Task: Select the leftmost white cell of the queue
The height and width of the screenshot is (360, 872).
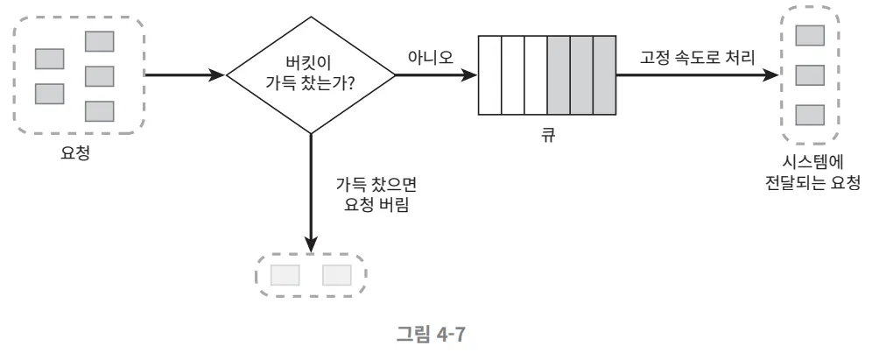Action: (490, 75)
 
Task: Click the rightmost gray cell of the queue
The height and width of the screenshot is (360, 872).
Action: (605, 75)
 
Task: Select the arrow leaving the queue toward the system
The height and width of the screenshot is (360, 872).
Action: (696, 75)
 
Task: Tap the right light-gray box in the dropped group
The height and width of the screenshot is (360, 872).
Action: (337, 275)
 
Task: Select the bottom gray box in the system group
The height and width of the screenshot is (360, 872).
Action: (810, 115)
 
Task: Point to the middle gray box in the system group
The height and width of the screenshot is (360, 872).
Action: (810, 74)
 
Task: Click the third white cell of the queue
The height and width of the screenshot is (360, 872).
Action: (535, 75)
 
